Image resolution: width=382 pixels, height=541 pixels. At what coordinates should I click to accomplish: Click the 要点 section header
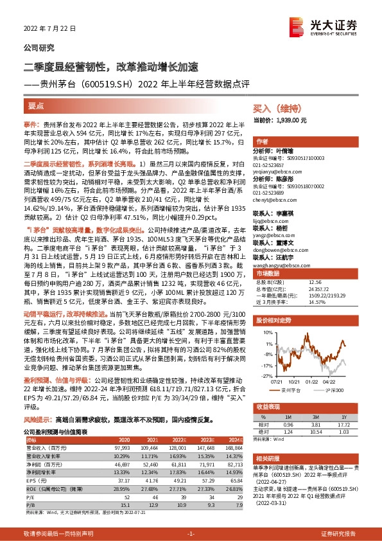tap(36, 105)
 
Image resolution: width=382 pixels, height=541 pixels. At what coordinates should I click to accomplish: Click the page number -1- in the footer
tap(191, 533)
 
